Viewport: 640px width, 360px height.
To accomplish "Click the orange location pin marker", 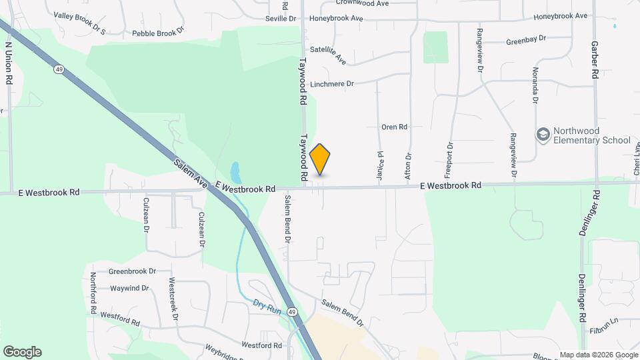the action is pyautogui.click(x=320, y=159).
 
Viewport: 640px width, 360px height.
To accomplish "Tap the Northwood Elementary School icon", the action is pyautogui.click(x=543, y=135).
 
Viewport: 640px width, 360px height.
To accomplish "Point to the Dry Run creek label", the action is pyautogui.click(x=267, y=305).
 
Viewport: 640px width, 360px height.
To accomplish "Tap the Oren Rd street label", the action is pyautogui.click(x=394, y=127).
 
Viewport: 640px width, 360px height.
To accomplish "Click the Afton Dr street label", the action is pyautogui.click(x=408, y=166).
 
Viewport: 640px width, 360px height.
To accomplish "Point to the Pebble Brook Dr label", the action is pyautogui.click(x=157, y=33).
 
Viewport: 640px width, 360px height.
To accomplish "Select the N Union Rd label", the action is pyautogui.click(x=9, y=64).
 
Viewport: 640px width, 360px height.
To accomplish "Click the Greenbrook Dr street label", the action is pyautogui.click(x=132, y=271).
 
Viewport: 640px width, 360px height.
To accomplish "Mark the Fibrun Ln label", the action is pyautogui.click(x=605, y=330).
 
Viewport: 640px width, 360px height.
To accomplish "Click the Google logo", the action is pyautogui.click(x=22, y=351).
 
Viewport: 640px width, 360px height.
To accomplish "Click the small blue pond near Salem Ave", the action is pyautogui.click(x=235, y=171).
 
